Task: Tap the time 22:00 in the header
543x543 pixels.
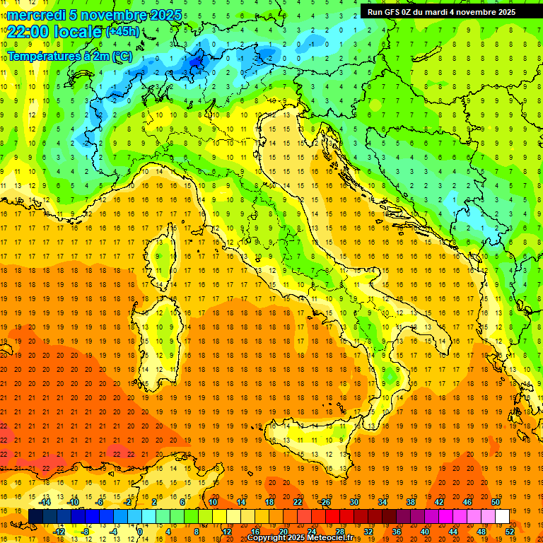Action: click(x=28, y=32)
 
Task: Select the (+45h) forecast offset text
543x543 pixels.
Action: click(x=122, y=32)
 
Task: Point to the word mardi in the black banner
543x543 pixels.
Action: click(x=445, y=12)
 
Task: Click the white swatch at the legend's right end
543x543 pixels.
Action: click(x=502, y=516)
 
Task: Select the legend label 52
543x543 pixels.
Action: click(x=510, y=531)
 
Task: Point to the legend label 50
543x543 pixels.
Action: click(x=496, y=501)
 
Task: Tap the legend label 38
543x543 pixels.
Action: click(x=411, y=501)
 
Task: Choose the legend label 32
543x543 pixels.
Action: click(x=368, y=531)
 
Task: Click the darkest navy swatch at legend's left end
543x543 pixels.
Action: click(x=36, y=516)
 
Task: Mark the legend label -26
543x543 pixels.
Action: click(x=325, y=501)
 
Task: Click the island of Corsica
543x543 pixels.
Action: click(x=164, y=258)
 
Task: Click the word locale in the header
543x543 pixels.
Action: click(x=77, y=32)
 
